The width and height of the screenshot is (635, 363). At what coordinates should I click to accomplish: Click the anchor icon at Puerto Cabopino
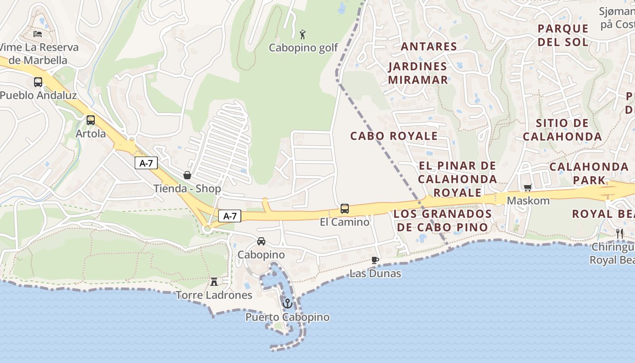click(287, 303)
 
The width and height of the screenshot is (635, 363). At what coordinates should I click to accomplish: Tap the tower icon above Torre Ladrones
click(214, 281)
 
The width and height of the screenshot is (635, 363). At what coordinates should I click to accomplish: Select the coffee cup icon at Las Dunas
click(375, 260)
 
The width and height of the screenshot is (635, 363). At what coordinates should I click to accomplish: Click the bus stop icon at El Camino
click(345, 209)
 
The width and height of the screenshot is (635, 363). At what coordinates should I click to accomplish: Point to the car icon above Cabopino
click(261, 241)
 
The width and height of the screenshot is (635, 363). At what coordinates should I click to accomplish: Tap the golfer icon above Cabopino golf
click(303, 34)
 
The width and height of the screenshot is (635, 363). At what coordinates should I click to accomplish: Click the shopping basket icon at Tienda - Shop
click(187, 175)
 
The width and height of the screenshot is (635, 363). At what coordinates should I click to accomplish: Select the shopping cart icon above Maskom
click(528, 187)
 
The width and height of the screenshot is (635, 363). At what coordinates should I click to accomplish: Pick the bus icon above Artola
click(91, 120)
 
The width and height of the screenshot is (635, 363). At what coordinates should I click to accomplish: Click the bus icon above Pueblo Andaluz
click(38, 82)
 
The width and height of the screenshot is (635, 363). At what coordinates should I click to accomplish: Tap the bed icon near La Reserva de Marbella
click(38, 34)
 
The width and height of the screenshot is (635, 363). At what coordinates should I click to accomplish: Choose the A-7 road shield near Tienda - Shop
click(146, 163)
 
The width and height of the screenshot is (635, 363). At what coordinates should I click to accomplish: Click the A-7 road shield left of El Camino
click(230, 216)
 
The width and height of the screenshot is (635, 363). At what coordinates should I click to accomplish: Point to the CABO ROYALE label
click(394, 136)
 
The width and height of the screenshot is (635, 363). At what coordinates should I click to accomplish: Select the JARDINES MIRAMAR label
click(418, 73)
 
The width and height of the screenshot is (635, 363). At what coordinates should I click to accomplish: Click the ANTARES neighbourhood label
click(429, 46)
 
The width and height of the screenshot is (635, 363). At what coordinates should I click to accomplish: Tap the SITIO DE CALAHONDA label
click(562, 130)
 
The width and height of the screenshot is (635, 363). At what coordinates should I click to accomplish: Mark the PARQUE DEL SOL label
click(563, 35)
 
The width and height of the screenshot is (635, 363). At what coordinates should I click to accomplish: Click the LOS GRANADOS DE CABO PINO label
click(443, 220)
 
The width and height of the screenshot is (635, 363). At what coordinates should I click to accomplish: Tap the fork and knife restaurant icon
click(620, 234)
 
